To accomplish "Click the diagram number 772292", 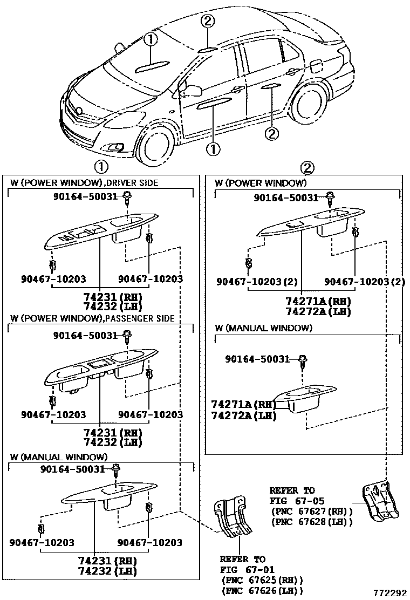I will point(389,592).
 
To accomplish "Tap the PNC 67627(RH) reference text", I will point(311,511).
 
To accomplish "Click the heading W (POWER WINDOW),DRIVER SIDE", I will point(84,183).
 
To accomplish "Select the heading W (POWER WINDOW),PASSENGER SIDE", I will point(92,319).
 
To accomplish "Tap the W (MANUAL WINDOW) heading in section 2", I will point(263,328).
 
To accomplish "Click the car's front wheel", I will point(158,145).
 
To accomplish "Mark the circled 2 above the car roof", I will point(209,22).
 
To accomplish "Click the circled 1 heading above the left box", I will point(101,166).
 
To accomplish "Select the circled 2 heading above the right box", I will point(307,167).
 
